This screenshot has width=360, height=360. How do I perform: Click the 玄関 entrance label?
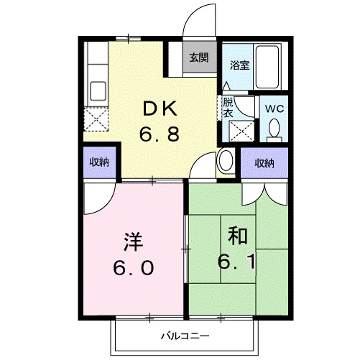click(x=200, y=58)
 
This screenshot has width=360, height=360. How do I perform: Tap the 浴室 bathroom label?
click(x=239, y=65)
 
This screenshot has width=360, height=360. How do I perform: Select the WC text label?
click(x=274, y=109)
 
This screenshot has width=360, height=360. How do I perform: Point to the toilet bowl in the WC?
click(x=274, y=129)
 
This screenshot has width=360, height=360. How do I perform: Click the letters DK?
click(x=159, y=109)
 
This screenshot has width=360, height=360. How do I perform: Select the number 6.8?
click(x=159, y=133)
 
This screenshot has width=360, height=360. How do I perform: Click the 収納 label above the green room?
click(x=264, y=163)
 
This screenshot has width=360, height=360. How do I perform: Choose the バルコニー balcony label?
click(x=184, y=336)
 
